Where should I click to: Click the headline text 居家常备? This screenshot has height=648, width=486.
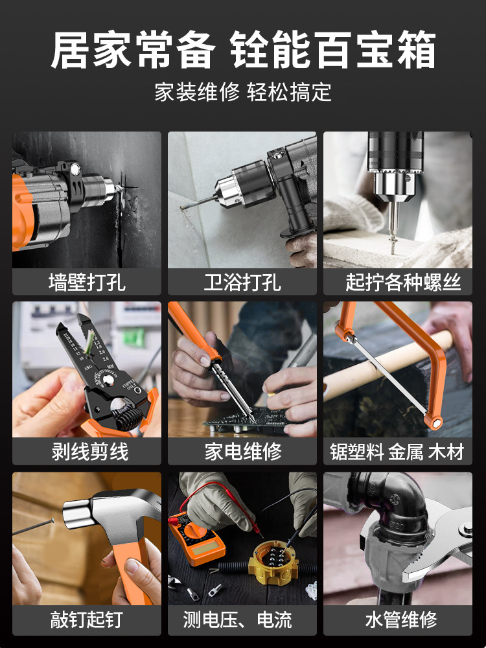133,51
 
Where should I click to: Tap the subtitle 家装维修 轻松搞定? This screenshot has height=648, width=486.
243,92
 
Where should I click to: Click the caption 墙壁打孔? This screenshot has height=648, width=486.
87,283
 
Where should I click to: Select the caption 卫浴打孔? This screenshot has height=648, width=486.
242,283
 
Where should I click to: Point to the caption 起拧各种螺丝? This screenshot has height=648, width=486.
403,283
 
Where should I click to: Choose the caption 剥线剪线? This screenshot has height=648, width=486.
90,451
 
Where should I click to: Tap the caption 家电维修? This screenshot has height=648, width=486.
243,451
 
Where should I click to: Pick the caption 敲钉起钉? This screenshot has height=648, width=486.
87,620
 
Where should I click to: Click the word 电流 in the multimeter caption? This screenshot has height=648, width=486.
274,620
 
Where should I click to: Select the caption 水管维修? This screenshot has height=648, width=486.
401,620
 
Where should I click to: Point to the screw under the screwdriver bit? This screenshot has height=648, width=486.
391,243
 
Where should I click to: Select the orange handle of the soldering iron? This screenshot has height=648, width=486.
194,330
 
